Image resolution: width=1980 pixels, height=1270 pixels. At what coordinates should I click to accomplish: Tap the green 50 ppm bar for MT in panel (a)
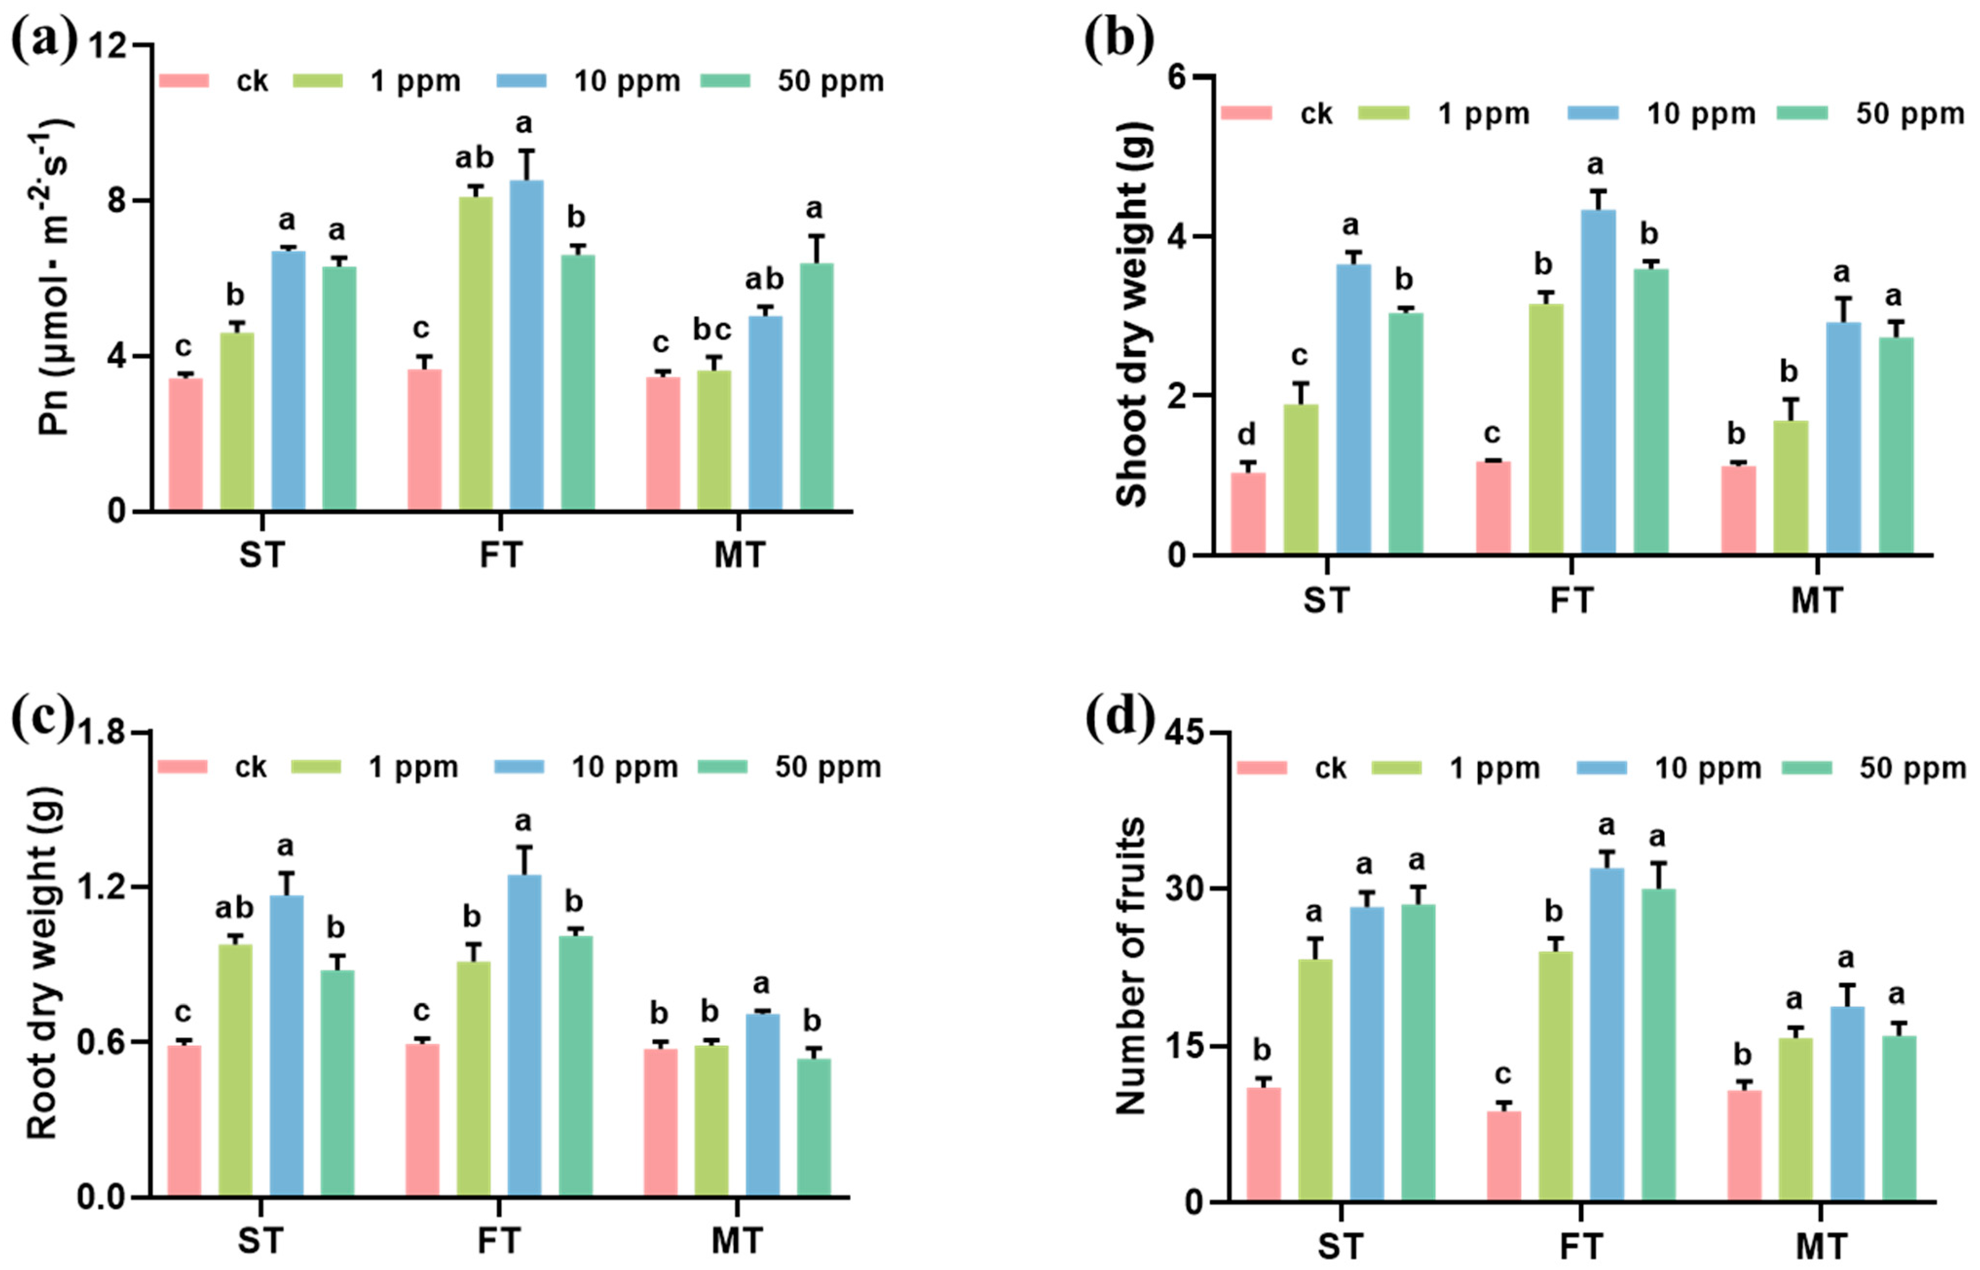817,388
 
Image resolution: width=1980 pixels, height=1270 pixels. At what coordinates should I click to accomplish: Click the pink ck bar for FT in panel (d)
1503,1156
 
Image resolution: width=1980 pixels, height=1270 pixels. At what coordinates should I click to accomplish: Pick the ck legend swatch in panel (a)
183,81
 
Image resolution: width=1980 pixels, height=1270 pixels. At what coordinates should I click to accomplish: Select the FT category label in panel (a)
501,555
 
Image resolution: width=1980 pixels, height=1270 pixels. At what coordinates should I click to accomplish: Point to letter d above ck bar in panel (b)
1247,434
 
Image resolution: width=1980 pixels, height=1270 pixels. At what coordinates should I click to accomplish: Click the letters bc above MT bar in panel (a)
711,330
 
